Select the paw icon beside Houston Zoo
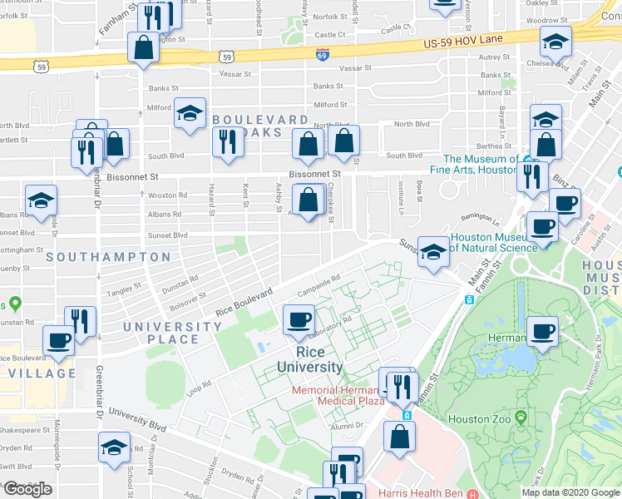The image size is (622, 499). coord(521,415)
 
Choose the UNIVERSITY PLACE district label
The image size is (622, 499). coord(161,333)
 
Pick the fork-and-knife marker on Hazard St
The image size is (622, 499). coord(226,142)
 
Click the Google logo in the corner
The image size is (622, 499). coord(27,489)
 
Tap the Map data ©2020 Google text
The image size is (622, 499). coord(570,492)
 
